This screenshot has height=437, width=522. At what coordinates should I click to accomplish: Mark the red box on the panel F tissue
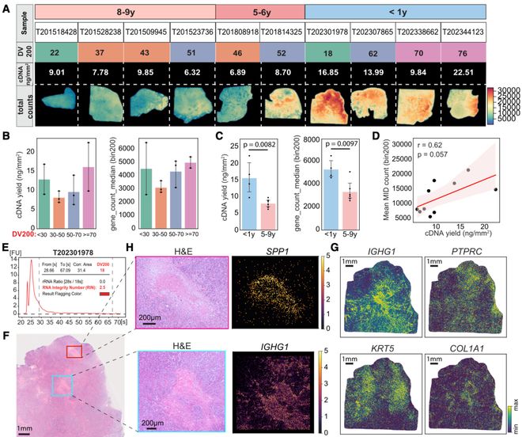pyautogui.click(x=74, y=351)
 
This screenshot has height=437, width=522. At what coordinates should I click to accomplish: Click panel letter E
pyautogui.click(x=6, y=246)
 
